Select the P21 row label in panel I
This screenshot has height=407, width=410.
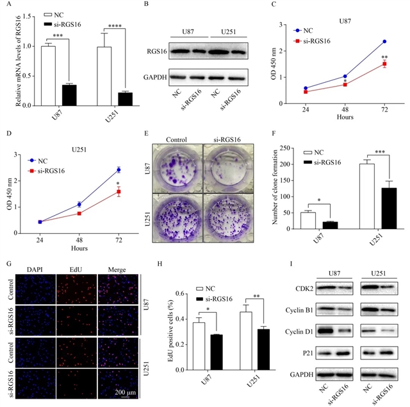pos(307,352)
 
